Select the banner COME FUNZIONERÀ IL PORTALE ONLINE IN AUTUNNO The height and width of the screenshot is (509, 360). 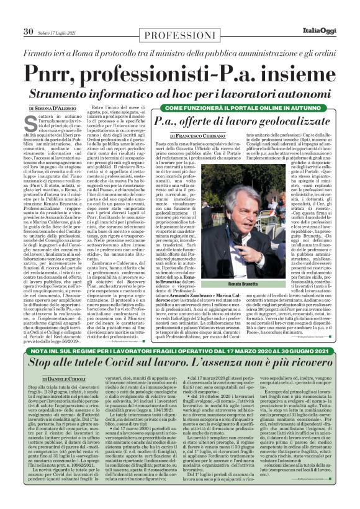(x=240, y=107)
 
